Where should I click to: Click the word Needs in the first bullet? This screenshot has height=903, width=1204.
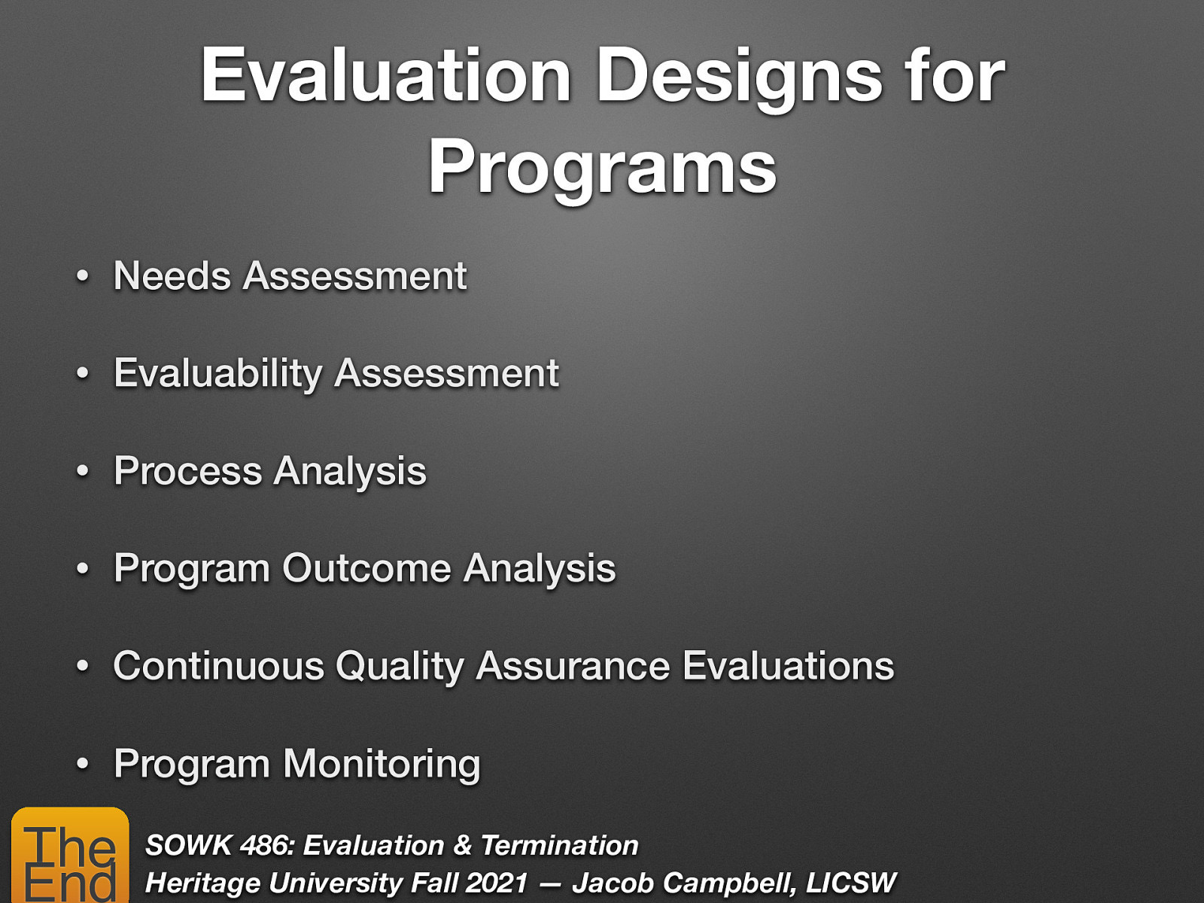pos(172,275)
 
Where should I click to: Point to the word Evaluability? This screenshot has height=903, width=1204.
pos(217,374)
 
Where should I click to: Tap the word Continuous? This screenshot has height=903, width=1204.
pos(218,666)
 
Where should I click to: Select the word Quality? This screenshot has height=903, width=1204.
pos(400,667)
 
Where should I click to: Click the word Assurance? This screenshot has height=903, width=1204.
pos(573,666)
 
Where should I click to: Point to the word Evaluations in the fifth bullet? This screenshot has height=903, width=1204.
pos(788,666)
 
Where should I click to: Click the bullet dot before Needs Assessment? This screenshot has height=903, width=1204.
pos(83,277)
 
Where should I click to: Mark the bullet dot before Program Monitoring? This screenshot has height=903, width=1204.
pos(83,765)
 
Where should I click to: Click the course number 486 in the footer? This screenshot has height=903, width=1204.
pos(266,845)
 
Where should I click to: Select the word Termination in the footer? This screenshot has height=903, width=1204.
pos(559,845)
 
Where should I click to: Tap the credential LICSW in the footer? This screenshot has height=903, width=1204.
pos(850,883)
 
